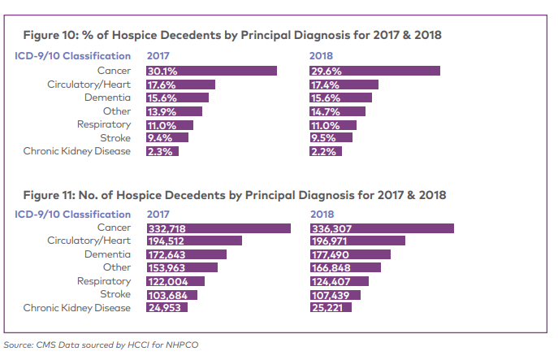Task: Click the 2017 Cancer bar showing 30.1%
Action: coord(211,72)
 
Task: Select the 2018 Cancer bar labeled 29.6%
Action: coord(374,72)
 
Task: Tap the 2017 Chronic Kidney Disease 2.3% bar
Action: coord(162,151)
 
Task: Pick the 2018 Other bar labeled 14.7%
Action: coord(337,111)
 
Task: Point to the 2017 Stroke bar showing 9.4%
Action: coord(167,138)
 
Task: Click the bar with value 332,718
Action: coord(218,228)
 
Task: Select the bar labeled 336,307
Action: coord(382,228)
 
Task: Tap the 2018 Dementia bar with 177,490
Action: coord(350,255)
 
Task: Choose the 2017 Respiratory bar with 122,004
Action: coord(175,281)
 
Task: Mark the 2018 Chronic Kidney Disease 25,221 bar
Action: coord(331,308)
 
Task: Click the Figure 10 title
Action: coord(232,37)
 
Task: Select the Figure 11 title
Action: coord(235,196)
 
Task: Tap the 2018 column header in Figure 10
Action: coord(322,56)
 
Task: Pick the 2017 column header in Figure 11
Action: coord(158,215)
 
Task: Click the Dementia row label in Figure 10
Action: coord(107,98)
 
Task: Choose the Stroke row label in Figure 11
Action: coord(115,294)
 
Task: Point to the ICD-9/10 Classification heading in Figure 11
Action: coord(73,215)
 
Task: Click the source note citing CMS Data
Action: coord(101,344)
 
